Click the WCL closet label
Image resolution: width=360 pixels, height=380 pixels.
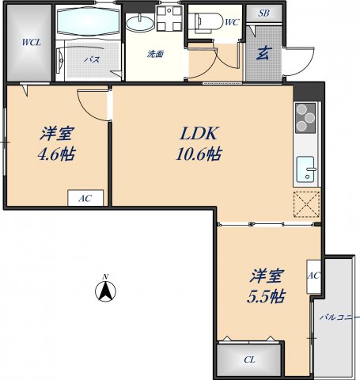[x=31, y=42]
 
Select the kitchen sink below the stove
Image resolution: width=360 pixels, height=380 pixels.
[x=306, y=169]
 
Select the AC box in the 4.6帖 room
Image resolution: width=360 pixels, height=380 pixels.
[x=84, y=198]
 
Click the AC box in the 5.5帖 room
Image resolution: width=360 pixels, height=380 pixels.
[x=313, y=276]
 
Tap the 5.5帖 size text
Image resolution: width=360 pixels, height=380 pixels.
[x=266, y=297]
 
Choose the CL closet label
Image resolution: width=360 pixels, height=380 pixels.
[x=249, y=360]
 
